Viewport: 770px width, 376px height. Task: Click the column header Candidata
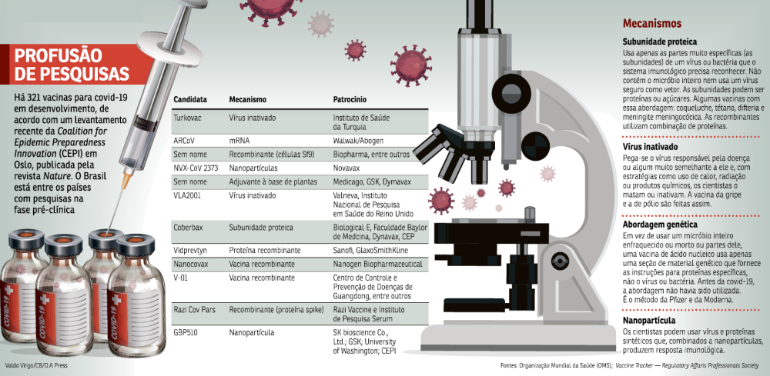(x=190, y=99)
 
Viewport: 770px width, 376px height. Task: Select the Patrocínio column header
(x=350, y=99)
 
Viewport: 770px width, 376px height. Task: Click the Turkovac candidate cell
(x=187, y=118)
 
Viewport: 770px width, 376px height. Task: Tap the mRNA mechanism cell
(x=239, y=141)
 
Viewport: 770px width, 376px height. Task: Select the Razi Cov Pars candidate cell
(x=195, y=310)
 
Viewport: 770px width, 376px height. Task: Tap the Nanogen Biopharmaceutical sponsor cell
(x=377, y=265)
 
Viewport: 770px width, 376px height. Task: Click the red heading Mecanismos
(x=652, y=24)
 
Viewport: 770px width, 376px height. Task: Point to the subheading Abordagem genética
(x=660, y=225)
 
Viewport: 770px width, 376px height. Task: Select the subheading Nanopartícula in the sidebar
(x=648, y=321)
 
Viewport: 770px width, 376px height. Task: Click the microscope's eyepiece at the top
(x=480, y=14)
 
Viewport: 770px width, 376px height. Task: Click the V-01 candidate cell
(x=180, y=278)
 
